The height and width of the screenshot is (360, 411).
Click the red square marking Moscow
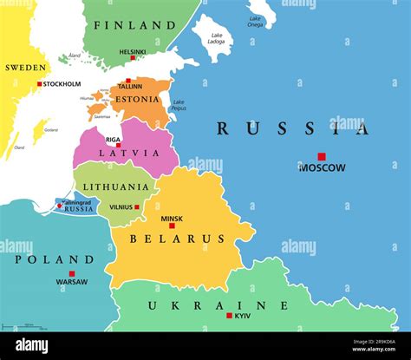tap(321, 157)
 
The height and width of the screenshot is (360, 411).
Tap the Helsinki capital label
tap(133, 52)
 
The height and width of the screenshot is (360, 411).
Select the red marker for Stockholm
tap(40, 84)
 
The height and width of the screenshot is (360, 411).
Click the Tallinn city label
tap(129, 87)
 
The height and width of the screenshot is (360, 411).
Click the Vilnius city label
tap(121, 207)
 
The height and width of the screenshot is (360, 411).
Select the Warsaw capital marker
tap(72, 273)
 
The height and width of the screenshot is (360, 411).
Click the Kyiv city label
tap(243, 316)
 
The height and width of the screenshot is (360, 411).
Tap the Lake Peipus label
tap(179, 104)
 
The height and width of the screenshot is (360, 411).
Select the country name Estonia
tap(138, 99)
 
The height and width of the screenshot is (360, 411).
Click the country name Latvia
tap(118, 154)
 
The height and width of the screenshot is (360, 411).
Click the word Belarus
tap(177, 239)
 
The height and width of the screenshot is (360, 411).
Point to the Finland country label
tap(134, 25)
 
